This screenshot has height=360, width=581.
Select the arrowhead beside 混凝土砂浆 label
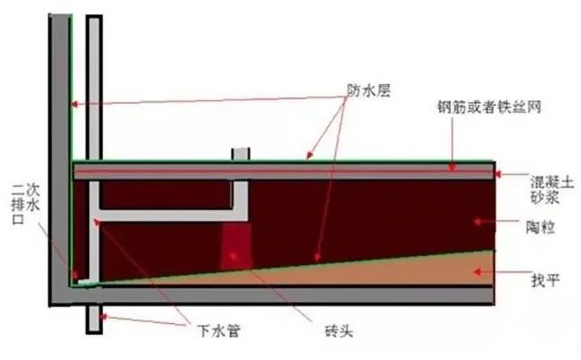(x=501, y=176)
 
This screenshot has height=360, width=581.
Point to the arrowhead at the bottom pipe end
(x=103, y=315)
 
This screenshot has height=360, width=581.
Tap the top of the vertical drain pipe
(x=94, y=20)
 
